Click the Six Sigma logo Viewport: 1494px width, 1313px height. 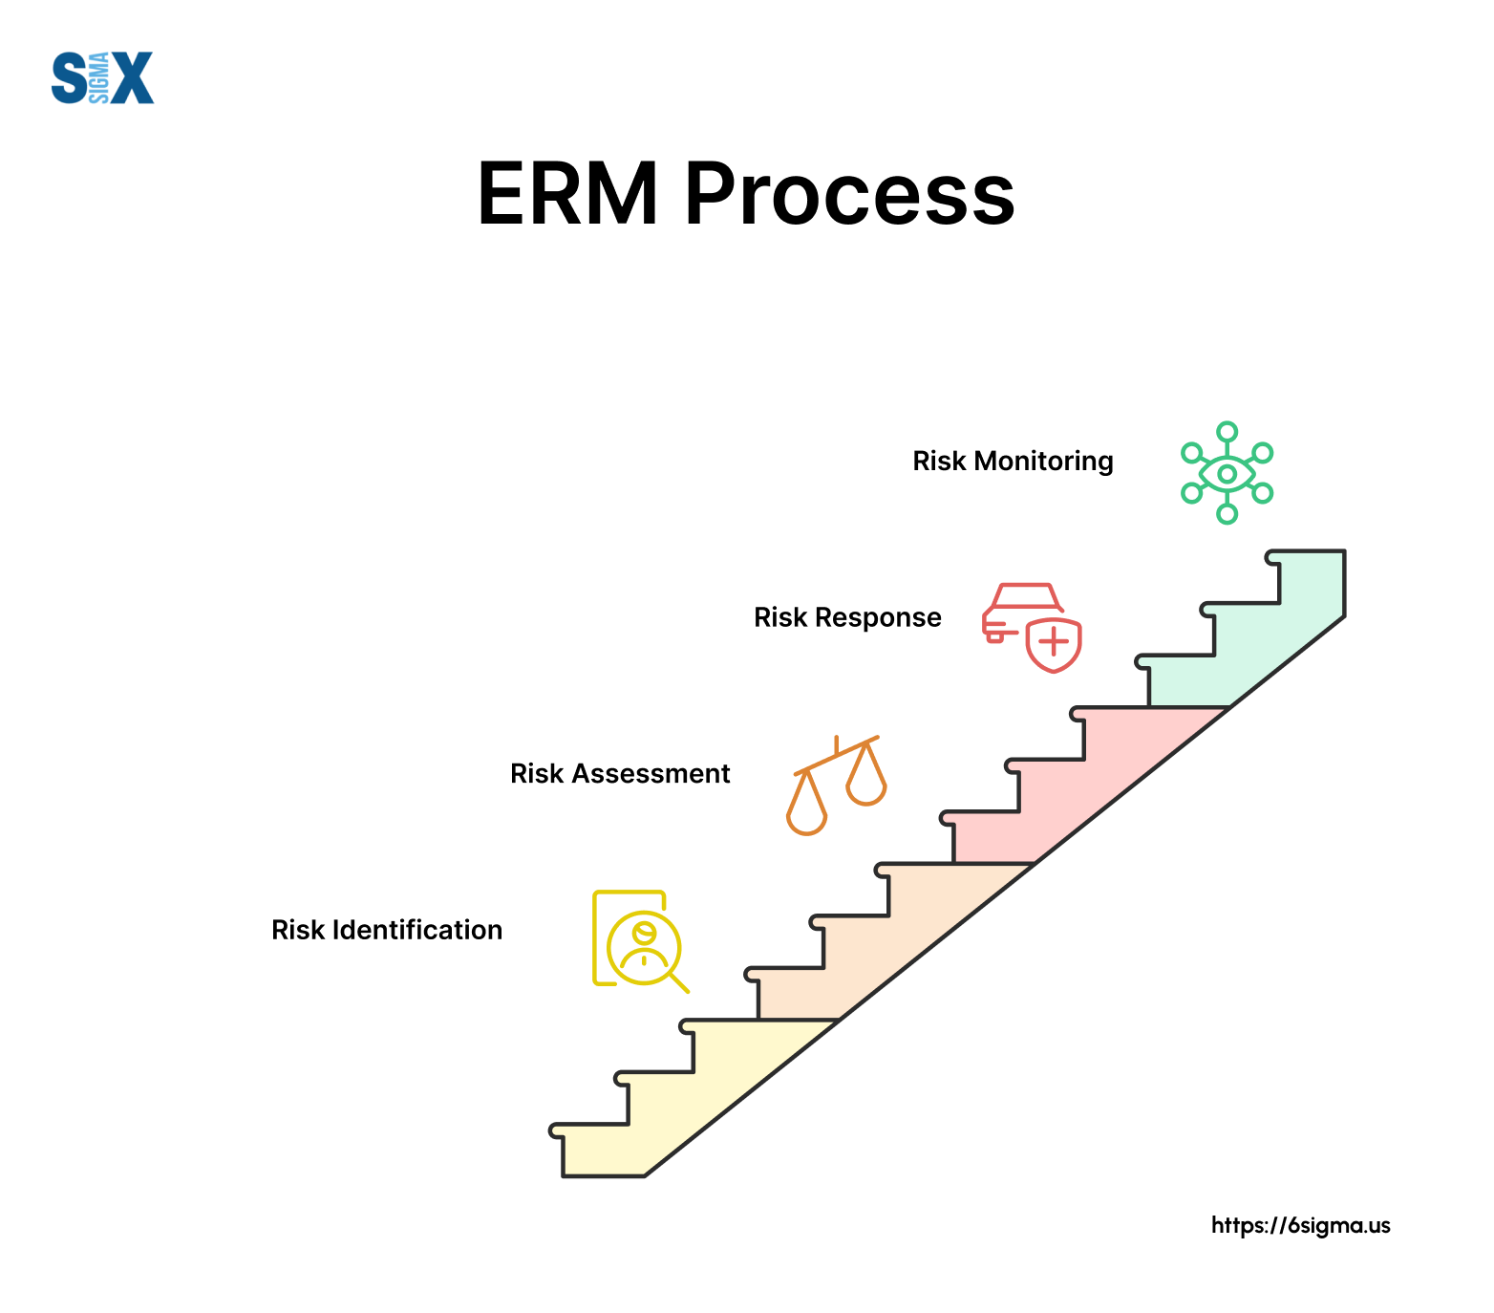coord(102,77)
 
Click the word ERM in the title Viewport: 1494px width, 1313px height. coord(568,194)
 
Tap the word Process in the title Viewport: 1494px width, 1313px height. coord(849,194)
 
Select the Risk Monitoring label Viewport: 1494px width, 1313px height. coord(1013,462)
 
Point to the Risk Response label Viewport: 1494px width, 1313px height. coord(847,617)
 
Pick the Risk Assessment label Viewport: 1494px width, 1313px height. coord(620,773)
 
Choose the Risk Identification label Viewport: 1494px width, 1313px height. coord(387,930)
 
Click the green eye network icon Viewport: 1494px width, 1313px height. coord(1227,473)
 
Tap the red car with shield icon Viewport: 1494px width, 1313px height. coord(1032,628)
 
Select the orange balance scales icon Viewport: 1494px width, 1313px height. coord(837,786)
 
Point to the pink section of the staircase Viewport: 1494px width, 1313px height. coord(1070,793)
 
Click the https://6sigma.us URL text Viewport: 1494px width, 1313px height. coord(1300,1226)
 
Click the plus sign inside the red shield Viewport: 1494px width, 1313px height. coord(1054,642)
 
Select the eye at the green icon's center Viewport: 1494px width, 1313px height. coord(1227,473)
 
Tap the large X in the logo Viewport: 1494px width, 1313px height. coord(131,77)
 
